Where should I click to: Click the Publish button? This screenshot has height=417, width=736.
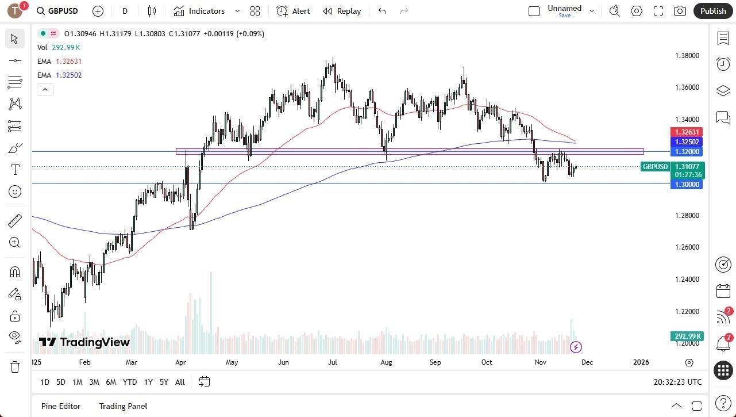(x=713, y=11)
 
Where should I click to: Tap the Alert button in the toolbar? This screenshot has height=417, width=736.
(x=293, y=11)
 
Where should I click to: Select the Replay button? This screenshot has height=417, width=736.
(x=342, y=11)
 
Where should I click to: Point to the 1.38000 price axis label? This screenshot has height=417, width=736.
(x=687, y=56)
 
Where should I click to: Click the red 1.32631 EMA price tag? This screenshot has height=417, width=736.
(x=687, y=132)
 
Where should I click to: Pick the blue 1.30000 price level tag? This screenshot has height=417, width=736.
(x=687, y=184)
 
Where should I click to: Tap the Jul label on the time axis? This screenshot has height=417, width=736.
(x=333, y=362)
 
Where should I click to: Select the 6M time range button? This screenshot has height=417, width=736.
(x=111, y=382)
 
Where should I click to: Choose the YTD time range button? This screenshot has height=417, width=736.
(x=130, y=382)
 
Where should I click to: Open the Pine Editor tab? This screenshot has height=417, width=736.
(x=61, y=406)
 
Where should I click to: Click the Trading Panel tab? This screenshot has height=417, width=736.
(x=123, y=406)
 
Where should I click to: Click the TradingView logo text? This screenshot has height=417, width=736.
(x=84, y=342)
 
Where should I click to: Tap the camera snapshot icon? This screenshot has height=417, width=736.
(x=680, y=11)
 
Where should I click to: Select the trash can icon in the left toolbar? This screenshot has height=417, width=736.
(x=15, y=366)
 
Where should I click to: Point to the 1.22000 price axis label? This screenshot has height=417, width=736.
(x=687, y=312)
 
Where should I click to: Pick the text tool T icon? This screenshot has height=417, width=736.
(x=15, y=170)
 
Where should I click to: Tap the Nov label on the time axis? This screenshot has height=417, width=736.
(x=540, y=362)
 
